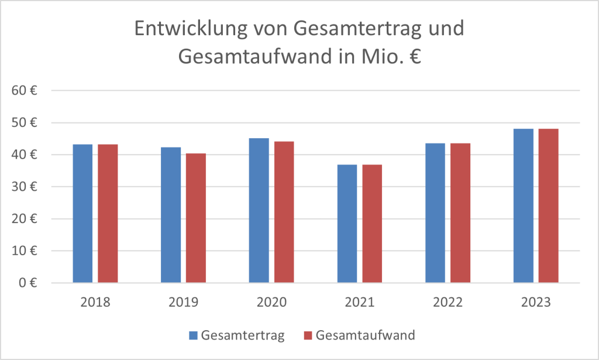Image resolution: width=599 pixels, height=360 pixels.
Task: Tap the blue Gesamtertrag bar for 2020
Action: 259,211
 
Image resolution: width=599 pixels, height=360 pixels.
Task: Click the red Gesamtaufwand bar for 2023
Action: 549,205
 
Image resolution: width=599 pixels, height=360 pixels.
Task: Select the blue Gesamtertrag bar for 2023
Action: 524,205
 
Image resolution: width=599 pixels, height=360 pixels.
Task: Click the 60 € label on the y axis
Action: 26,91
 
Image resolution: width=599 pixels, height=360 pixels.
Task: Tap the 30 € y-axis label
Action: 26,187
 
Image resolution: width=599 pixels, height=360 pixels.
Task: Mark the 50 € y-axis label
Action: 26,123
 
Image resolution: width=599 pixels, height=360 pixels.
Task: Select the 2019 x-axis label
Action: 183,303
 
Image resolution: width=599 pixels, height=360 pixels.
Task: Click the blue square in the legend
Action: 193,335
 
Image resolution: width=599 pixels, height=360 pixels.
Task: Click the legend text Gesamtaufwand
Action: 365,335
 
